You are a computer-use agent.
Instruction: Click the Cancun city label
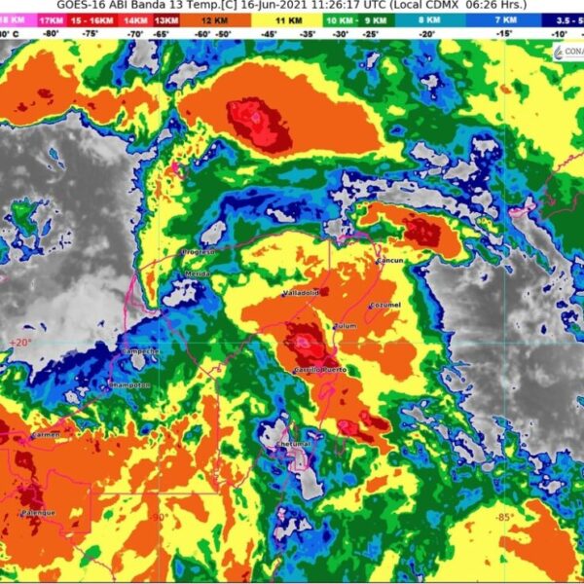[x=389, y=261]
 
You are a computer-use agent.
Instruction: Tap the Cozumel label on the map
[x=384, y=306]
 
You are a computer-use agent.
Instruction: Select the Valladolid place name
[x=301, y=292]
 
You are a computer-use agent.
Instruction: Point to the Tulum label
[x=346, y=326]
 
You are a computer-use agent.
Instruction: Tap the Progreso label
[x=198, y=252]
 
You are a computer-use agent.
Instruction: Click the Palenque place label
[x=38, y=513]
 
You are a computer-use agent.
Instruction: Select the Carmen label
[x=46, y=435]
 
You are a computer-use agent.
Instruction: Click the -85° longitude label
[x=503, y=517]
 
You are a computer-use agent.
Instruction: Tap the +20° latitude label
[x=18, y=343]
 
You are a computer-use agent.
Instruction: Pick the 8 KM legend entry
[x=428, y=18]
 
